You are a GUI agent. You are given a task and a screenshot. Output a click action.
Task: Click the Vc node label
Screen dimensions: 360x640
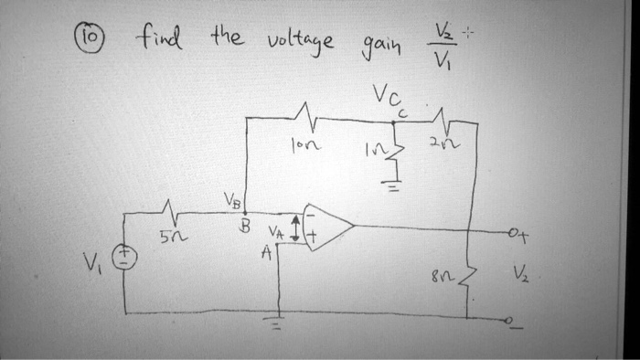pyautogui.click(x=387, y=98)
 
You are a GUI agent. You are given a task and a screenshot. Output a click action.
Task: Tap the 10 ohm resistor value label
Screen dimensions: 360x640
pyautogui.click(x=304, y=144)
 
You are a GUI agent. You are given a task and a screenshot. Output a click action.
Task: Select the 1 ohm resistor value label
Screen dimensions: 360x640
pyautogui.click(x=375, y=149)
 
